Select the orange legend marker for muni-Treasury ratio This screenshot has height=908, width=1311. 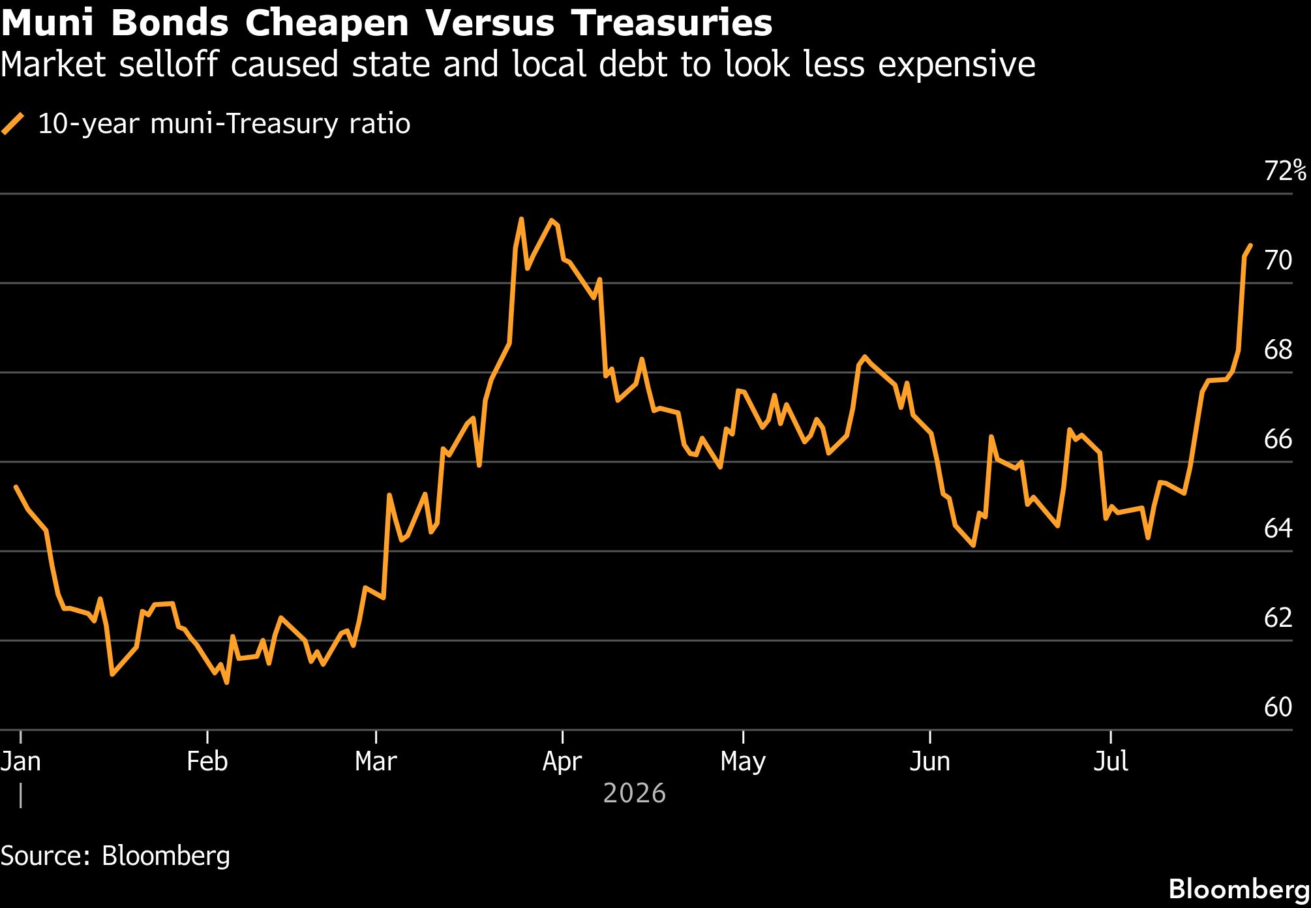(x=13, y=124)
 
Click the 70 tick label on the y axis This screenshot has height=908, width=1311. (x=1278, y=260)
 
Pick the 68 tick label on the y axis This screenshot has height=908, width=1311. (x=1278, y=350)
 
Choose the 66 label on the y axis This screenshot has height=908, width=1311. (x=1278, y=440)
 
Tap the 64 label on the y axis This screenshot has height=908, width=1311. (x=1278, y=528)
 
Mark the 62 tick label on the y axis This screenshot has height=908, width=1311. (x=1278, y=618)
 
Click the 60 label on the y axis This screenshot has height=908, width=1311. (x=1278, y=707)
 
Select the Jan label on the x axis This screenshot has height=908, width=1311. (x=21, y=761)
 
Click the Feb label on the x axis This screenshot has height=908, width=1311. (x=207, y=761)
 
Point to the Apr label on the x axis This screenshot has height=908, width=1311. (x=562, y=762)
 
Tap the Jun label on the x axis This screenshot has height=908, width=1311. (x=929, y=761)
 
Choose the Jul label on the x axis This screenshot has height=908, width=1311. (x=1111, y=761)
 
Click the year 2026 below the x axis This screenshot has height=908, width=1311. (x=635, y=794)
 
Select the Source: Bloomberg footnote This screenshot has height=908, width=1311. (x=115, y=856)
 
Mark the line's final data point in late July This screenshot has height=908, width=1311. (x=1250, y=245)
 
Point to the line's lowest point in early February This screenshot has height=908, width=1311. (x=226, y=682)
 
